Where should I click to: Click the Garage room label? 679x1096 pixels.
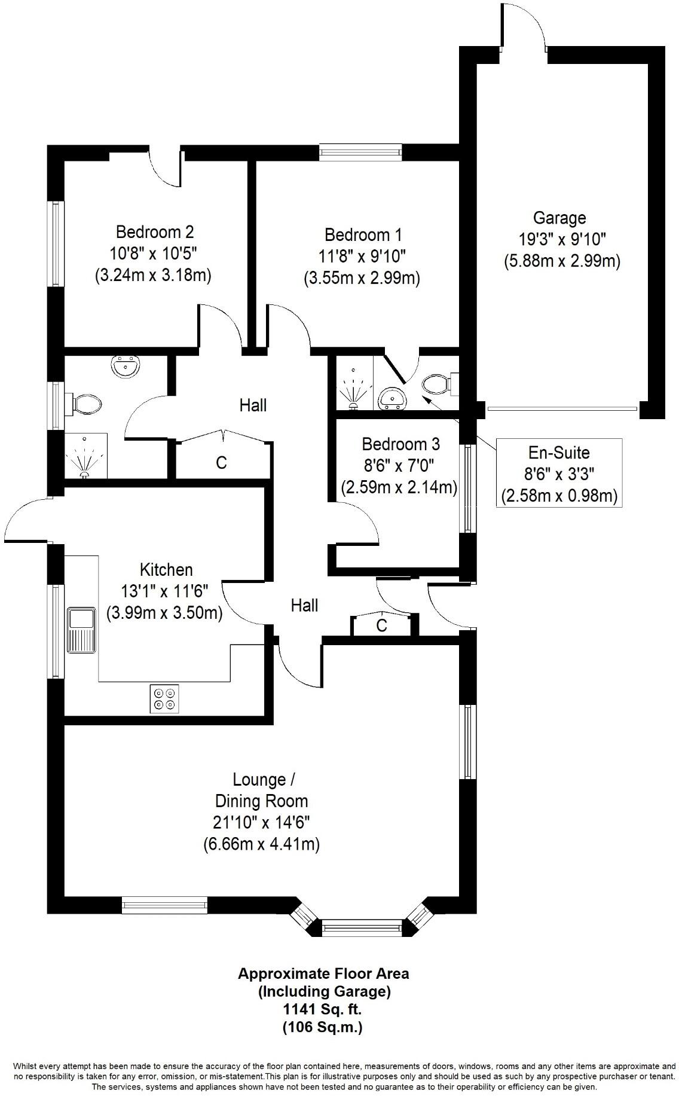click(559, 218)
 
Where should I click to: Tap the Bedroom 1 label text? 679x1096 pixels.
click(363, 234)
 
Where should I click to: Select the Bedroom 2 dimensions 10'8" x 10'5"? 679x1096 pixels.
click(153, 254)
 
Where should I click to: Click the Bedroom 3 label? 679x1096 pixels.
click(400, 444)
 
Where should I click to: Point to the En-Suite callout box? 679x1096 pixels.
click(559, 474)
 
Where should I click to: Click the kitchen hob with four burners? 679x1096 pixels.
click(164, 698)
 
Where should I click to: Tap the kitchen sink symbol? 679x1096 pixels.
click(81, 630)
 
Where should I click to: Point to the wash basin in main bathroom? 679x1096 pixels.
click(127, 366)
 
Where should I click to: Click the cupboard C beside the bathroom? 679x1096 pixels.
click(222, 462)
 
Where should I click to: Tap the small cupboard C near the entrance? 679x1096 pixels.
click(381, 625)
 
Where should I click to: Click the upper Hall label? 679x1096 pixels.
click(253, 405)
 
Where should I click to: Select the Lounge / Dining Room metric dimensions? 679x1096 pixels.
click(261, 844)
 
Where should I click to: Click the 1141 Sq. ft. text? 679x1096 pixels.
click(322, 1010)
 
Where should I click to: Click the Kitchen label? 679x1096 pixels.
click(166, 569)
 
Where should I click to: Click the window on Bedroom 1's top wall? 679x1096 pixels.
click(360, 152)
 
